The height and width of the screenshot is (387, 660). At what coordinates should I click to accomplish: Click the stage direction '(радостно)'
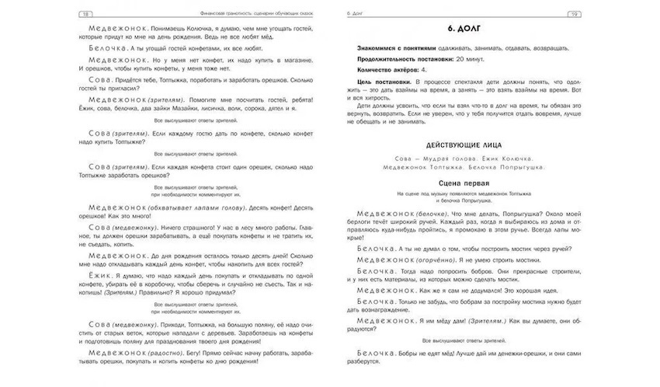160,351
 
